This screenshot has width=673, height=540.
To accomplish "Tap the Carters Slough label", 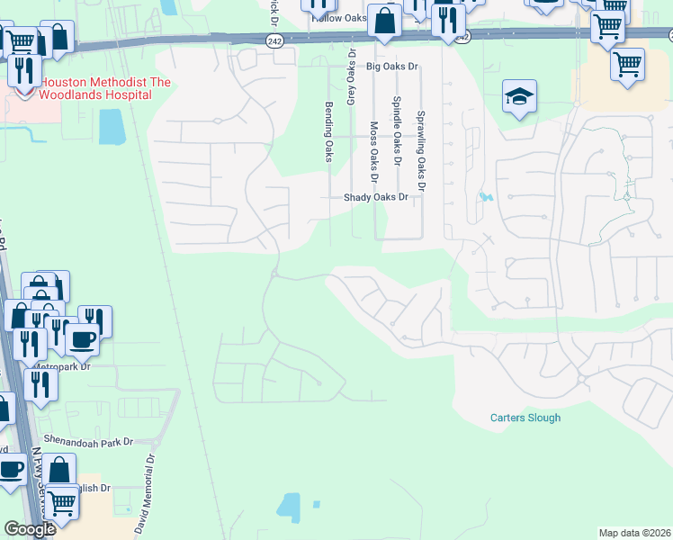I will (x=525, y=418).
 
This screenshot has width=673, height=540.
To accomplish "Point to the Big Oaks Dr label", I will (x=393, y=67).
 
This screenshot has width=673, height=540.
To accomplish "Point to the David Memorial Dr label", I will (x=146, y=493).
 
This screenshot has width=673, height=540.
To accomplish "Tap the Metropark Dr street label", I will (x=61, y=367).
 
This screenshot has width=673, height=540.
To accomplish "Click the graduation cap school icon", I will (x=519, y=97).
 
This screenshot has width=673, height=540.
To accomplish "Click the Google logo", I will (x=30, y=529).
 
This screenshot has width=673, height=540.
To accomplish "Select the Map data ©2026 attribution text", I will (x=634, y=533).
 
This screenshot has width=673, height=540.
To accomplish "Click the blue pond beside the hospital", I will (x=112, y=127).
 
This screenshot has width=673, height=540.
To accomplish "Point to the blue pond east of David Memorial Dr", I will (x=290, y=508).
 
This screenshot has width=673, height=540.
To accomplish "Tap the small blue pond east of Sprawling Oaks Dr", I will (x=487, y=197).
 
